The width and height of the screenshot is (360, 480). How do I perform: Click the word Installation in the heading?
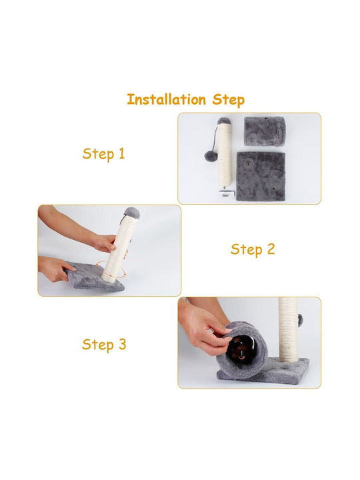[166, 99]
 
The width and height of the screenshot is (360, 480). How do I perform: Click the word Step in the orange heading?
[229, 100]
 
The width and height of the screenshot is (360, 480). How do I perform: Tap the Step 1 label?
[103, 154]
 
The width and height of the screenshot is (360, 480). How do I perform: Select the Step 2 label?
[253, 249]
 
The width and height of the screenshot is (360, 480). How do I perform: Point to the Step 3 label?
[104, 345]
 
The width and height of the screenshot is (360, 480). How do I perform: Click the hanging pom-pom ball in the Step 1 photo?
[210, 156]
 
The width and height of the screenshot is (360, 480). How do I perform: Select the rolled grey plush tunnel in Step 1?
[265, 131]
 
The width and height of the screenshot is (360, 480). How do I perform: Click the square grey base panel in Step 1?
[261, 176]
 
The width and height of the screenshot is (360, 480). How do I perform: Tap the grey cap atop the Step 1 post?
[224, 121]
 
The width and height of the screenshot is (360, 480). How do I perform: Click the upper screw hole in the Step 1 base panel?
[248, 164]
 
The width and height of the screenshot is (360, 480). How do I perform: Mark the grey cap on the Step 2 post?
[132, 212]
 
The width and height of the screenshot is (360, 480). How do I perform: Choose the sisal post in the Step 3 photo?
[288, 330]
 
